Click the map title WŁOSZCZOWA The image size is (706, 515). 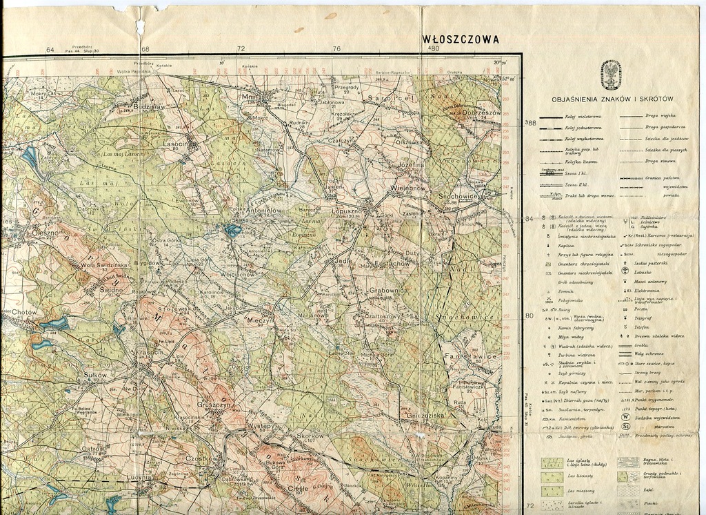(461, 39)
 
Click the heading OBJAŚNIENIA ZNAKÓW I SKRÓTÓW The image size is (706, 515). (612, 99)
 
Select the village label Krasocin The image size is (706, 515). (150, 351)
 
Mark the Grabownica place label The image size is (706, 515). (390, 291)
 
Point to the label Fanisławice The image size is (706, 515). (471, 356)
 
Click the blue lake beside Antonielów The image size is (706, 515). (233, 230)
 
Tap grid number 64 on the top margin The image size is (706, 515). (50, 49)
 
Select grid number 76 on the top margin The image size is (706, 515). (336, 49)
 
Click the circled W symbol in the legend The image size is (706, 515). (625, 417)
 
